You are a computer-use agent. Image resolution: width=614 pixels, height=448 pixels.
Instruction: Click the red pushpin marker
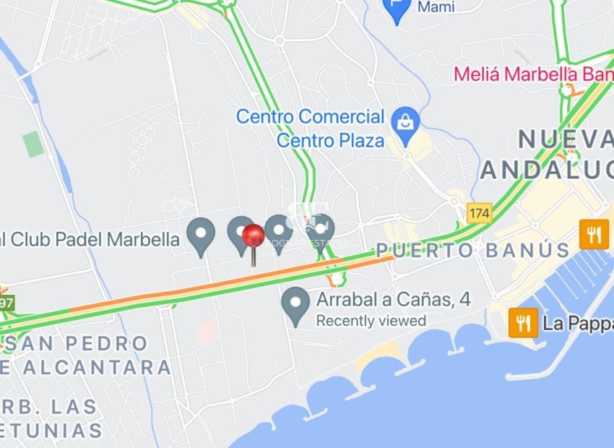[x=253, y=237]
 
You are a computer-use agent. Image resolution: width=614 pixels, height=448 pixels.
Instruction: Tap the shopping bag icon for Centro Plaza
[x=406, y=121]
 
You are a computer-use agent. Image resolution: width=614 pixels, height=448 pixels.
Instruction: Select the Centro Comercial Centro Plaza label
[x=311, y=128]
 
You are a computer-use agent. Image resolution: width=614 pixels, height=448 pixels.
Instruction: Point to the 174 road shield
[x=479, y=213]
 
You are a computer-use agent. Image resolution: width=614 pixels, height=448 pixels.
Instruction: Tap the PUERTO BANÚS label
[x=472, y=251]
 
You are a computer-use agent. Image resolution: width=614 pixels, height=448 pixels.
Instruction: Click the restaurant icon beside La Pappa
[x=523, y=322]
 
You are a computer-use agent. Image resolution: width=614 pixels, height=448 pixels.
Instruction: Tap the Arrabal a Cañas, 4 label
[x=394, y=299]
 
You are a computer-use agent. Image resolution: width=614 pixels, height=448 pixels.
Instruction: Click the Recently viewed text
[x=371, y=320]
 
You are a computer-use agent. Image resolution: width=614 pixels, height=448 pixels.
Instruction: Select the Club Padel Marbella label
[x=90, y=239]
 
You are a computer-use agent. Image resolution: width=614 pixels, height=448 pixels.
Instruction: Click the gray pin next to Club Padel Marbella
[x=201, y=235]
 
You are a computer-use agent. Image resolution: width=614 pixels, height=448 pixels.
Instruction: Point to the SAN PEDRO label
[x=76, y=343]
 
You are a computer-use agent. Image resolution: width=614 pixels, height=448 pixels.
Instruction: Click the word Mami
[x=438, y=7]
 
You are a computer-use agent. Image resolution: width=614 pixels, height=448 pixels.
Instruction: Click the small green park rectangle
[x=33, y=144]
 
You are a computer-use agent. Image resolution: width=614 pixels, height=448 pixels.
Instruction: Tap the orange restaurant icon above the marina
[x=594, y=234]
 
